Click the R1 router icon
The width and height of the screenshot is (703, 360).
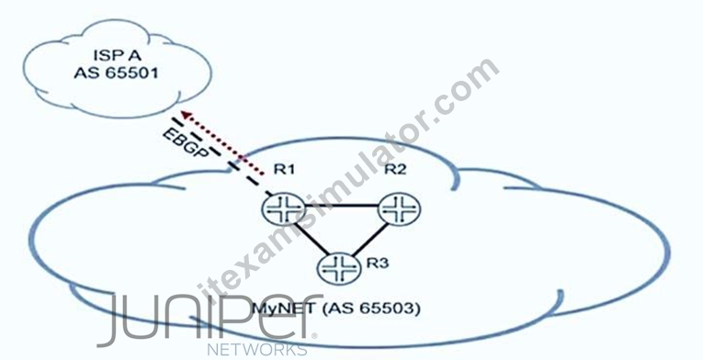[284, 208]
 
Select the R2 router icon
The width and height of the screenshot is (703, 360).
[400, 208]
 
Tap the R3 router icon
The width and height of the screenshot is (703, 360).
[339, 268]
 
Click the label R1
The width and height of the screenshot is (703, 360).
[284, 170]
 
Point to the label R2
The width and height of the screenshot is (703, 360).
[395, 169]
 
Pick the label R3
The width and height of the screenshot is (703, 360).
[378, 263]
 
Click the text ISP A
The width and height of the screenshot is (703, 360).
[118, 56]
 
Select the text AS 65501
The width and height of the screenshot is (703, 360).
[117, 73]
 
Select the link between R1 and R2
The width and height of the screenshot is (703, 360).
[342, 207]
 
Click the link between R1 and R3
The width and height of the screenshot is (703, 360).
[310, 240]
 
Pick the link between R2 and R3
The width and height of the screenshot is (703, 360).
[370, 240]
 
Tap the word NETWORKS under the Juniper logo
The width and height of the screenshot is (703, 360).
[257, 350]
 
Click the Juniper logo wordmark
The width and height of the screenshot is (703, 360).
[210, 319]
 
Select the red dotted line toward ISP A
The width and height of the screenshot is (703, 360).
[225, 143]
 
